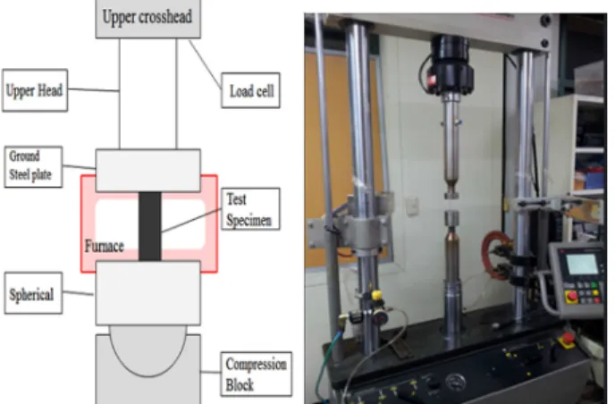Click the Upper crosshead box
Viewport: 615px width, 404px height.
[147, 19]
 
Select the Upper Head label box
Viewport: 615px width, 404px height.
[35, 90]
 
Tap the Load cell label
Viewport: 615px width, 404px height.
[250, 90]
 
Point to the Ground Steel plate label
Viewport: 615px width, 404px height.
[33, 167]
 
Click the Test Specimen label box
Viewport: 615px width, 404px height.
[250, 208]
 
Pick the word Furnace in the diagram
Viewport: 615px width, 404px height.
[105, 247]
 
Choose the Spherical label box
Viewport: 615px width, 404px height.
[33, 293]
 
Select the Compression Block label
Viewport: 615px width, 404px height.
[257, 374]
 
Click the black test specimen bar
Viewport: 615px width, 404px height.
[150, 226]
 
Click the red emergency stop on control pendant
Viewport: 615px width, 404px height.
[571, 297]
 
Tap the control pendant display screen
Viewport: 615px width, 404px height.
[582, 264]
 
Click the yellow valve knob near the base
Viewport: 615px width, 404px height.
[376, 295]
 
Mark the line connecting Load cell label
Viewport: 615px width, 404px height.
[205, 63]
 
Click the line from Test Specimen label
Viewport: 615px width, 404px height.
[191, 221]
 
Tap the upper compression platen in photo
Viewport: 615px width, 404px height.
[451, 194]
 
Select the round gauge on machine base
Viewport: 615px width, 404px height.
[455, 381]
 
